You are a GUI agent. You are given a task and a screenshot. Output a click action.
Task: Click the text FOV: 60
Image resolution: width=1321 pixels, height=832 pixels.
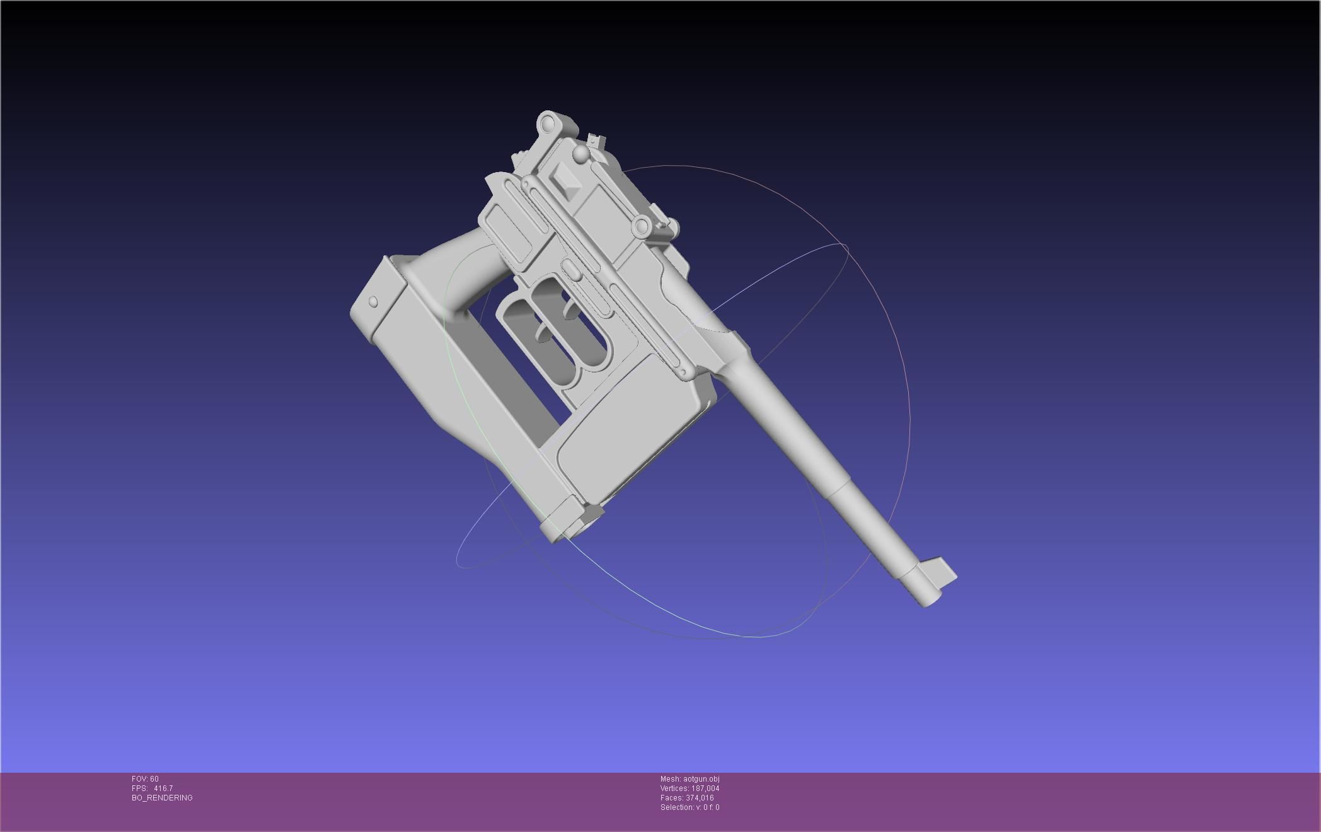pos(145,779)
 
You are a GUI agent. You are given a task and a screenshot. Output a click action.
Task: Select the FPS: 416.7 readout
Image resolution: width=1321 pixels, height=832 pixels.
pos(152,789)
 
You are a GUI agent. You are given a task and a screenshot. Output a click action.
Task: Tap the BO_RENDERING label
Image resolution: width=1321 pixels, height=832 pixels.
pos(162,798)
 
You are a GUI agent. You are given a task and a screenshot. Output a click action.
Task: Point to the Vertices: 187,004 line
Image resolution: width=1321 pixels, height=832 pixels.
pos(689,789)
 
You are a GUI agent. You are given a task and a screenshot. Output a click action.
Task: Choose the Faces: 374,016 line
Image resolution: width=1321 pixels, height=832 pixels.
pos(687,798)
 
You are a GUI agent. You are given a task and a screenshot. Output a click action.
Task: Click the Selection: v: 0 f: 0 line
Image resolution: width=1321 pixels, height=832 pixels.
pos(689,807)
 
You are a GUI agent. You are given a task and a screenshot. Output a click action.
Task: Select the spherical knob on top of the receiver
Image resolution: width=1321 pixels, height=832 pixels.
pos(580,154)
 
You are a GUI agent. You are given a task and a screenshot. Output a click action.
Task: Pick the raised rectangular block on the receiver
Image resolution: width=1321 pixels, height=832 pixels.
pos(566,178)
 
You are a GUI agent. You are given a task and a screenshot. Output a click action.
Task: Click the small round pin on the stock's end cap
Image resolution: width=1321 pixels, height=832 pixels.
pos(373,302)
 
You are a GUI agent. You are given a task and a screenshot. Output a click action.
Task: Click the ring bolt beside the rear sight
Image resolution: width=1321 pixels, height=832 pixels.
pos(642,226)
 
